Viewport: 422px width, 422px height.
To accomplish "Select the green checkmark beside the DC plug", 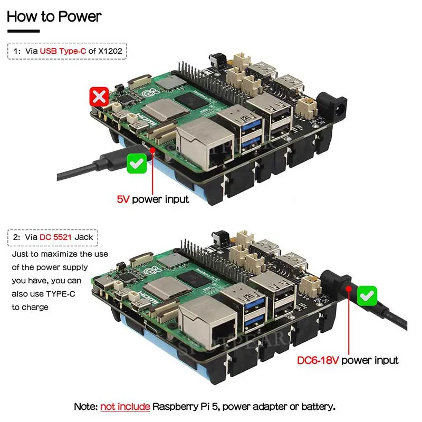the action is click(x=367, y=296).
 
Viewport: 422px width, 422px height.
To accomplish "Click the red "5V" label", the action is click(x=123, y=199).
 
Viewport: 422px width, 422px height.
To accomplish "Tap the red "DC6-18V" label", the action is click(x=318, y=360).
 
